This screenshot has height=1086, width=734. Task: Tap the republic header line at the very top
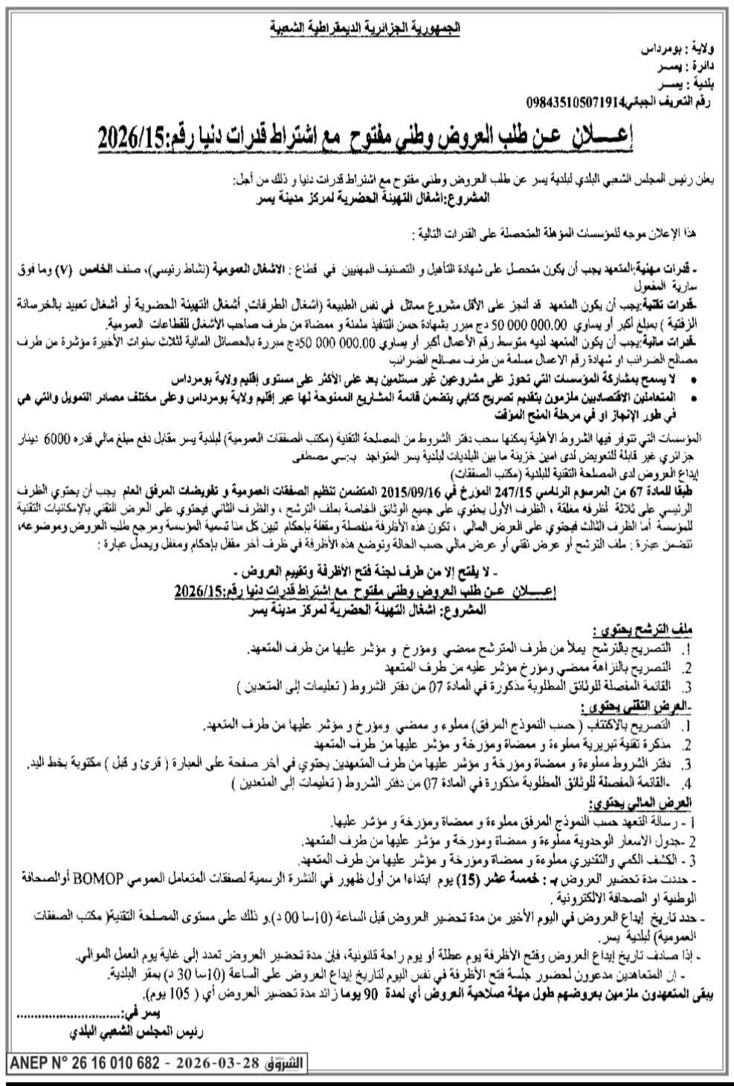click(x=364, y=29)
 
